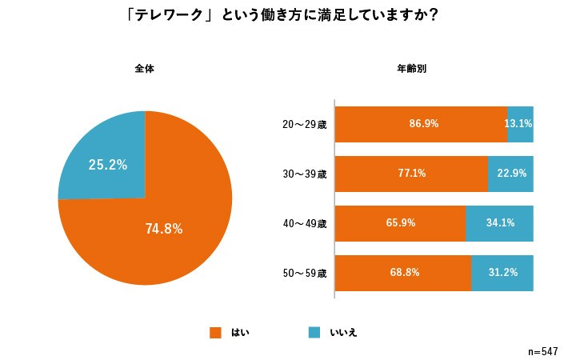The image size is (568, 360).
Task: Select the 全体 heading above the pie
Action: point(144,69)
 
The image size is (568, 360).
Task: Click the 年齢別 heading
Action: point(412,69)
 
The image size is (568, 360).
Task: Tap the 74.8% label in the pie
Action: point(164,229)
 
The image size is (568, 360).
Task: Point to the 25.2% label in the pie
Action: point(107,165)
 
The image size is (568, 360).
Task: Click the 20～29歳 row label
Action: point(305,125)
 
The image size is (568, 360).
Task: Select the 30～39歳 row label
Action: point(305,174)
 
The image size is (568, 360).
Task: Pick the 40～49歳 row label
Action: point(305,224)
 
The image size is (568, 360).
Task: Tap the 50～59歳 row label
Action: point(305,274)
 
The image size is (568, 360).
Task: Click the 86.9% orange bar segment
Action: point(421,124)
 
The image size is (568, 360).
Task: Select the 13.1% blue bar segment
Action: point(520,124)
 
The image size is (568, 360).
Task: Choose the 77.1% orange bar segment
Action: point(411,174)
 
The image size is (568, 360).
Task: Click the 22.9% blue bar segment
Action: point(510,174)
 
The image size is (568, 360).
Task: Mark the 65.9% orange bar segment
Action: point(400,223)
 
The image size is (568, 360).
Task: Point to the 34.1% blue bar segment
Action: point(499,223)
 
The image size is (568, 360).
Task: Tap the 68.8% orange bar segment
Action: point(403,273)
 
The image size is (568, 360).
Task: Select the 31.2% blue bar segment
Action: point(502,273)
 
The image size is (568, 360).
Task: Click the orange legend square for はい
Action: point(214,332)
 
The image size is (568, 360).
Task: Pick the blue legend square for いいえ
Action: point(314,332)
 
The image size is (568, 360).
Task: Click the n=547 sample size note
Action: point(542,351)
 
